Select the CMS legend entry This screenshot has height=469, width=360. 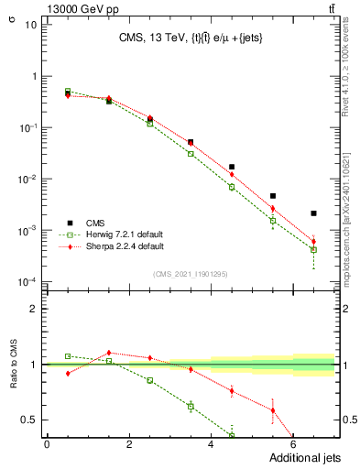click(x=95, y=223)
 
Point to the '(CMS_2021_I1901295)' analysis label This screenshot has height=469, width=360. click(x=191, y=274)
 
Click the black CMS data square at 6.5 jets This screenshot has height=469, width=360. click(x=313, y=213)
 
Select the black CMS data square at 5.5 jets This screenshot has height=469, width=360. click(x=273, y=196)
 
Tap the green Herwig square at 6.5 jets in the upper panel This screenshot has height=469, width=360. click(x=313, y=249)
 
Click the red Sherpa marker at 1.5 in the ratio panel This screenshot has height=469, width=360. click(x=109, y=353)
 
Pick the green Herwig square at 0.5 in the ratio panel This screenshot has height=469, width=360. click(x=68, y=355)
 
